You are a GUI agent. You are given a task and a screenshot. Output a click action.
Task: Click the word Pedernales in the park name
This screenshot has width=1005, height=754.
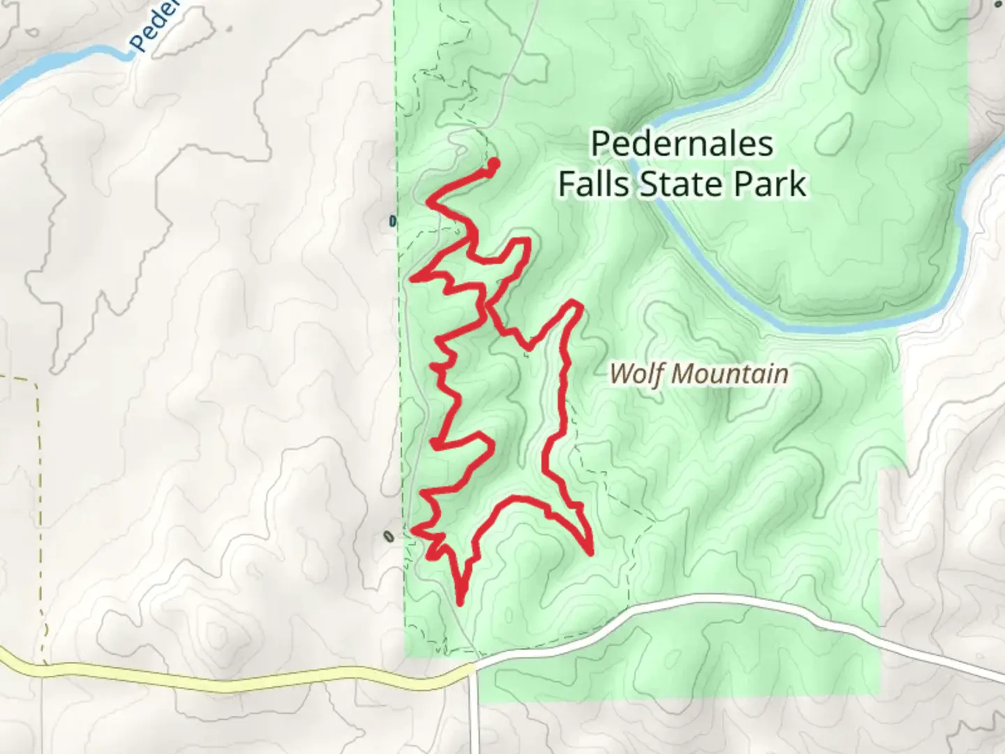[682, 144]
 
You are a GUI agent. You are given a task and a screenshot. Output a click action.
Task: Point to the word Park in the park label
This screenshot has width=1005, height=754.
[769, 184]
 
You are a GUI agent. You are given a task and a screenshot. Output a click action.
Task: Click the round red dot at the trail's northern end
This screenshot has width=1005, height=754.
[493, 164]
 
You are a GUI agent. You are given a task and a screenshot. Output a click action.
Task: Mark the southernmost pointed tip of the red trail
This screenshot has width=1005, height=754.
[460, 601]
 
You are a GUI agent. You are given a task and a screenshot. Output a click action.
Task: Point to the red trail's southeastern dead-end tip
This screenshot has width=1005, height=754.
[590, 552]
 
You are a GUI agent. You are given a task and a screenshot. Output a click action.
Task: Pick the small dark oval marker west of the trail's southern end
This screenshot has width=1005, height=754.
[389, 537]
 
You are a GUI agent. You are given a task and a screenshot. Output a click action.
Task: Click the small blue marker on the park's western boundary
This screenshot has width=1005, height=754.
[392, 222]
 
